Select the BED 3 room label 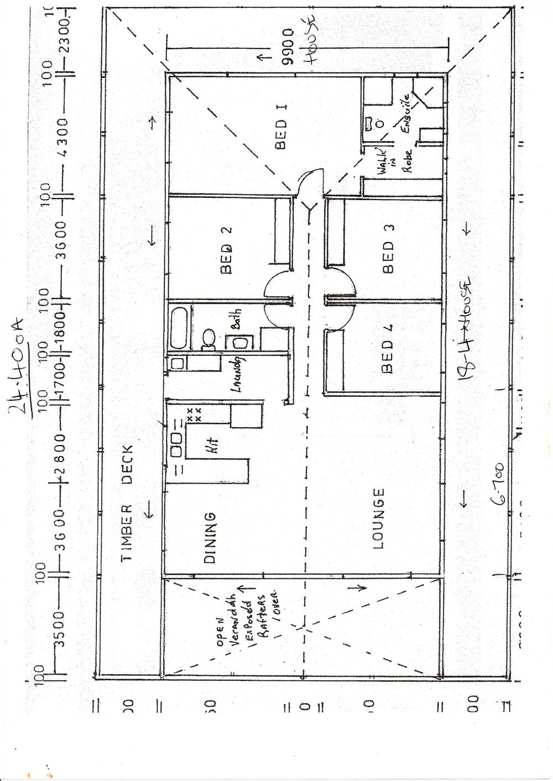(x=389, y=249)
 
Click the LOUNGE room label (x=378, y=518)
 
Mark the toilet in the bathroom (x=207, y=339)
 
